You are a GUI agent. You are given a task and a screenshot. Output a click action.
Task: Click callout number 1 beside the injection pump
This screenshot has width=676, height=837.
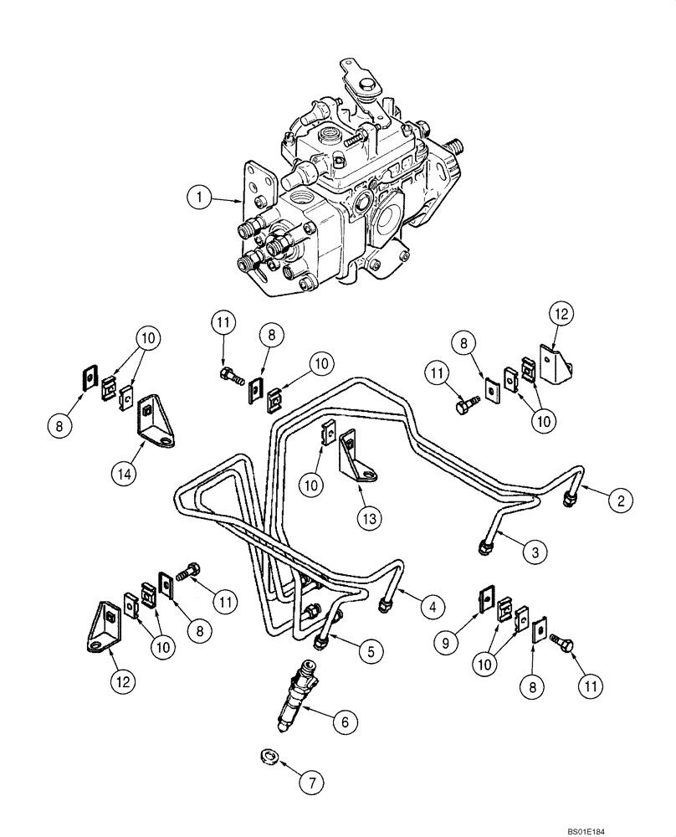(198, 198)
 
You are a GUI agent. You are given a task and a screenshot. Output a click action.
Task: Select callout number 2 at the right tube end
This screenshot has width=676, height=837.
(621, 501)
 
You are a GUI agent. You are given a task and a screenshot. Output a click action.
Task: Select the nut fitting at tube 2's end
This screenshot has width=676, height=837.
(569, 499)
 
